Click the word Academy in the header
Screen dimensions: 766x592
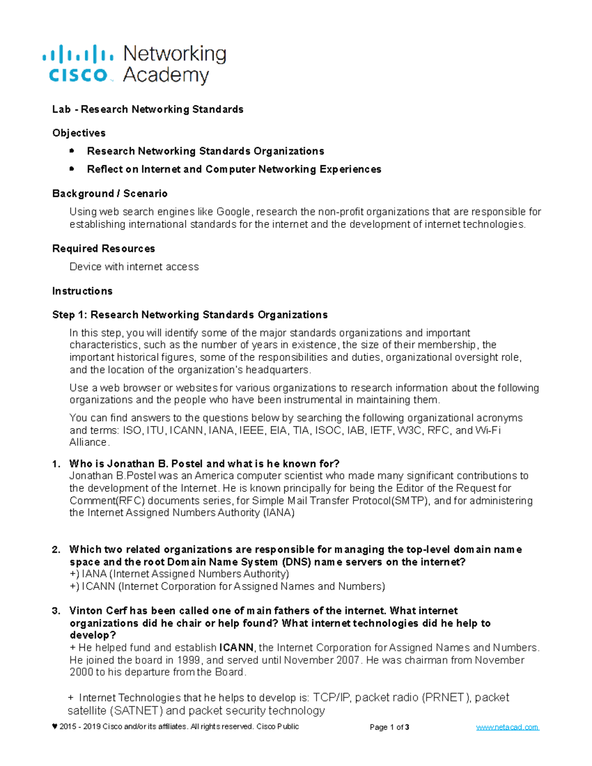[x=166, y=75]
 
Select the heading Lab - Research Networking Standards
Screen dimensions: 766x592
[x=148, y=109]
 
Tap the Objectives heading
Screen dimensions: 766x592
[x=78, y=133]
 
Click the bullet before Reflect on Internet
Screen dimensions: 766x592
[x=72, y=169]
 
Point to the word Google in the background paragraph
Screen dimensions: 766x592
[x=233, y=212]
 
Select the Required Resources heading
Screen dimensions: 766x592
[x=104, y=249]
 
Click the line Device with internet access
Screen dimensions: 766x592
[x=134, y=267]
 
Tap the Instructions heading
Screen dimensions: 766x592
[x=82, y=291]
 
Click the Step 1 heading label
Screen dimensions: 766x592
[x=70, y=315]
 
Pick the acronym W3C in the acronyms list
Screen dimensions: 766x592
[x=409, y=430]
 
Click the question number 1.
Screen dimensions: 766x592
[x=56, y=464]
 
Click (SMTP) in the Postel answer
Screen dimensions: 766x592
[x=410, y=501]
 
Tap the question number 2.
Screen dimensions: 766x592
[x=56, y=549]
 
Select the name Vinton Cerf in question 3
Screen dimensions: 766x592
[x=96, y=611]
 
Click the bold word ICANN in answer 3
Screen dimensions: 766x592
[x=236, y=648]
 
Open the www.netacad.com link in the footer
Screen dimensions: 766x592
[x=507, y=727]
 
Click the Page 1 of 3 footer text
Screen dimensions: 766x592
[x=389, y=727]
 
